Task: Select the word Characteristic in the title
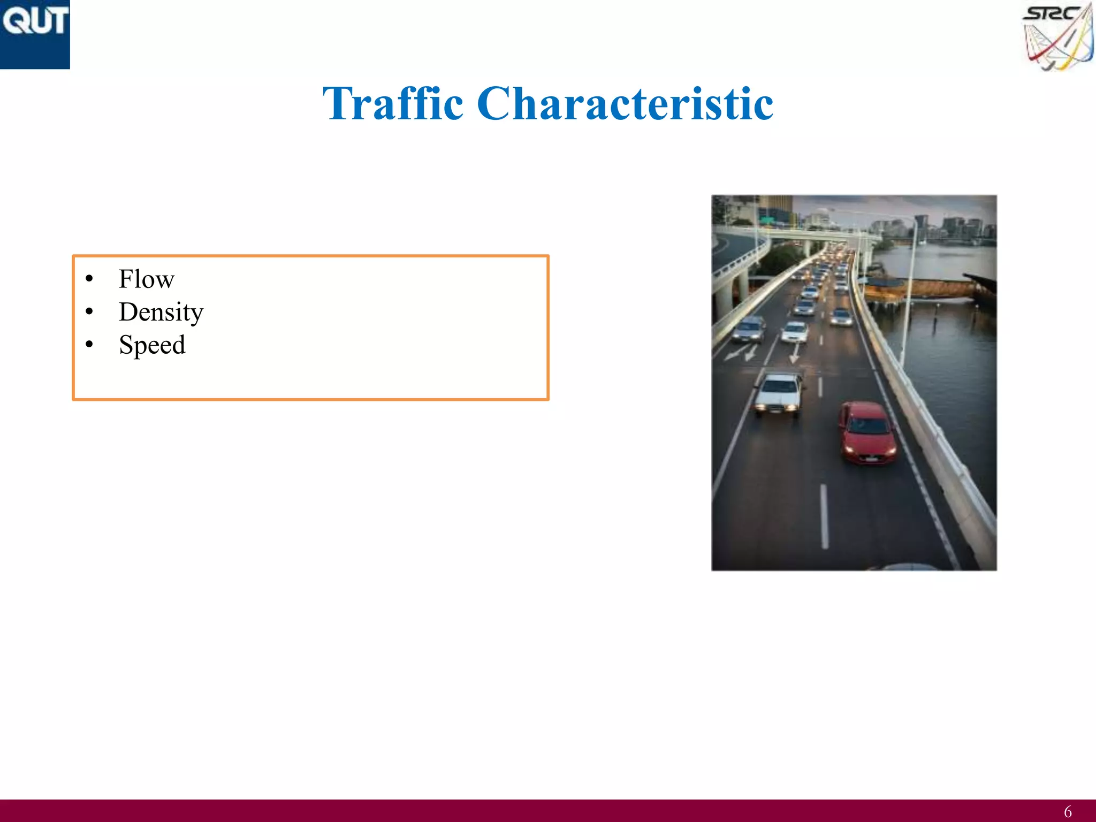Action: tap(625, 103)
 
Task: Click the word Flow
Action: tap(147, 279)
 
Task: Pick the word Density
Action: tap(161, 312)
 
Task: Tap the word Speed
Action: tap(153, 345)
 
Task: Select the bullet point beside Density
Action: tap(89, 311)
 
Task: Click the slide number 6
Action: tap(1067, 812)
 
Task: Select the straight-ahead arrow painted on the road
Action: tap(795, 353)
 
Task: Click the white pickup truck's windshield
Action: tap(780, 384)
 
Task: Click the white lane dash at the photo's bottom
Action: tap(824, 516)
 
